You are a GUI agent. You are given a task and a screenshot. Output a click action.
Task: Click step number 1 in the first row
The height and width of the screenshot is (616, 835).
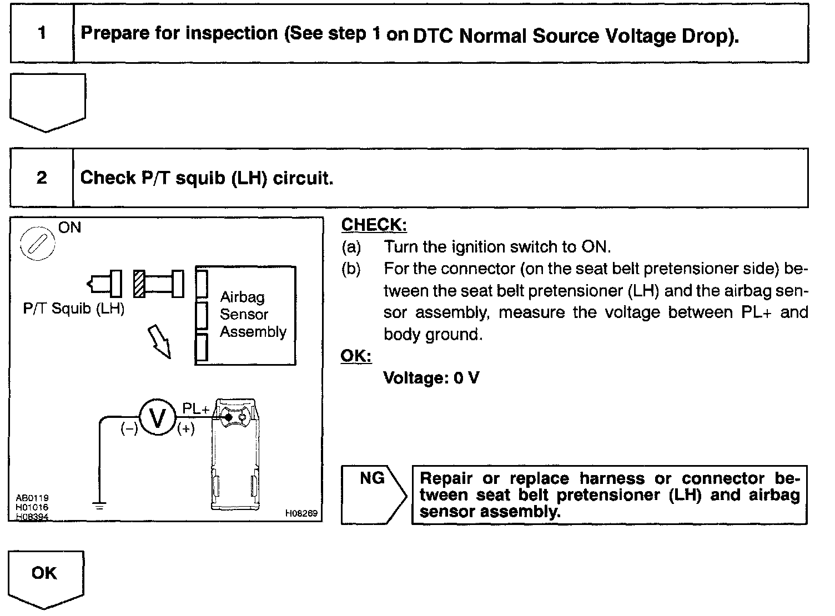point(42,33)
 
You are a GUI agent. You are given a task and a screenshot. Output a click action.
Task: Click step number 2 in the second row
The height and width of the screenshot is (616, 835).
point(42,178)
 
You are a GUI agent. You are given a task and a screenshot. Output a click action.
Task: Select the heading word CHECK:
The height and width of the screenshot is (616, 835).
point(374,225)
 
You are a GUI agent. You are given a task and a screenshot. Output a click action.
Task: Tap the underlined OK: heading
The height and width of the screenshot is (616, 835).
point(356,356)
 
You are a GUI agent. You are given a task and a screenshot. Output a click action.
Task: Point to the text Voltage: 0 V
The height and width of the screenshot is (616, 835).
point(431,378)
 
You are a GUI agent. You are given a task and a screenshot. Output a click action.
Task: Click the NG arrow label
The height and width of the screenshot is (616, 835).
point(372,478)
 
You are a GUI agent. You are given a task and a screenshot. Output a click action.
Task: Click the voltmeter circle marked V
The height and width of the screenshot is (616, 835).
point(158,419)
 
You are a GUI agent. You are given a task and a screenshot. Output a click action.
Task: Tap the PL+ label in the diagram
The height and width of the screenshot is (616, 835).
point(196,409)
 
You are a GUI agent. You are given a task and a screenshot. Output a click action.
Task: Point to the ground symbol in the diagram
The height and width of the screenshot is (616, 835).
point(100,506)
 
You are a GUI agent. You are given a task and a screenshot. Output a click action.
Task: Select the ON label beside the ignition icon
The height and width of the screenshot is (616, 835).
point(69,228)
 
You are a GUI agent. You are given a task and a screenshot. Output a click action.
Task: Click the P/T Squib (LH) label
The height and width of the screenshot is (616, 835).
point(73,309)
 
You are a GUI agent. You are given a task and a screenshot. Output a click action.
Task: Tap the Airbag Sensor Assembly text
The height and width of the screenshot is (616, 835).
point(253,315)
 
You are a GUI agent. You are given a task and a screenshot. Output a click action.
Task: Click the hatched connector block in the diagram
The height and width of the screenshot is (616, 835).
point(139,284)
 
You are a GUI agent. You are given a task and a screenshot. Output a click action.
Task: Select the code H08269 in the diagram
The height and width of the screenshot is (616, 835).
point(301,514)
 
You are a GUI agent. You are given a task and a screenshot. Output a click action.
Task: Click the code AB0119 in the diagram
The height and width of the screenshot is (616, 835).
point(32,498)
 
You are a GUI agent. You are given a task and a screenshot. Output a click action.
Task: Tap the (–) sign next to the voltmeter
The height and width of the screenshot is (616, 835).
point(129,428)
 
